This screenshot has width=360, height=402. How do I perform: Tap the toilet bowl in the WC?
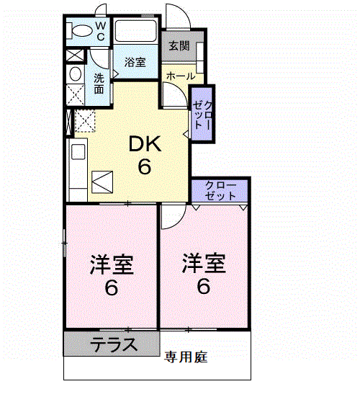[77, 31]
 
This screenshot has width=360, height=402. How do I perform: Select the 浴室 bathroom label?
[135, 63]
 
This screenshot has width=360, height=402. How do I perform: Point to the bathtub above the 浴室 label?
[136, 31]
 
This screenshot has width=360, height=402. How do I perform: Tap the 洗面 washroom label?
[99, 84]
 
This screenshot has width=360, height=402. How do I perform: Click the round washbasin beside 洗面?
[75, 74]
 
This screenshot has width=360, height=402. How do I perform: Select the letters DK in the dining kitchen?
[145, 144]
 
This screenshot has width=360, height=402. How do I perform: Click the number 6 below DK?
[145, 167]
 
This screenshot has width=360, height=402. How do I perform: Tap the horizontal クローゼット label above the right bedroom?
[220, 190]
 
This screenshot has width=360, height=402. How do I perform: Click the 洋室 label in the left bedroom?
[112, 264]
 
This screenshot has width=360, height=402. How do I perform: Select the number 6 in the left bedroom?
[112, 288]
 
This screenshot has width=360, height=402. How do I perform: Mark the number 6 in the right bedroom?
[203, 287]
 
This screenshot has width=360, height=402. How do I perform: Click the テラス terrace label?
[114, 344]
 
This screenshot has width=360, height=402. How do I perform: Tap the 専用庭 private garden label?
[186, 357]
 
